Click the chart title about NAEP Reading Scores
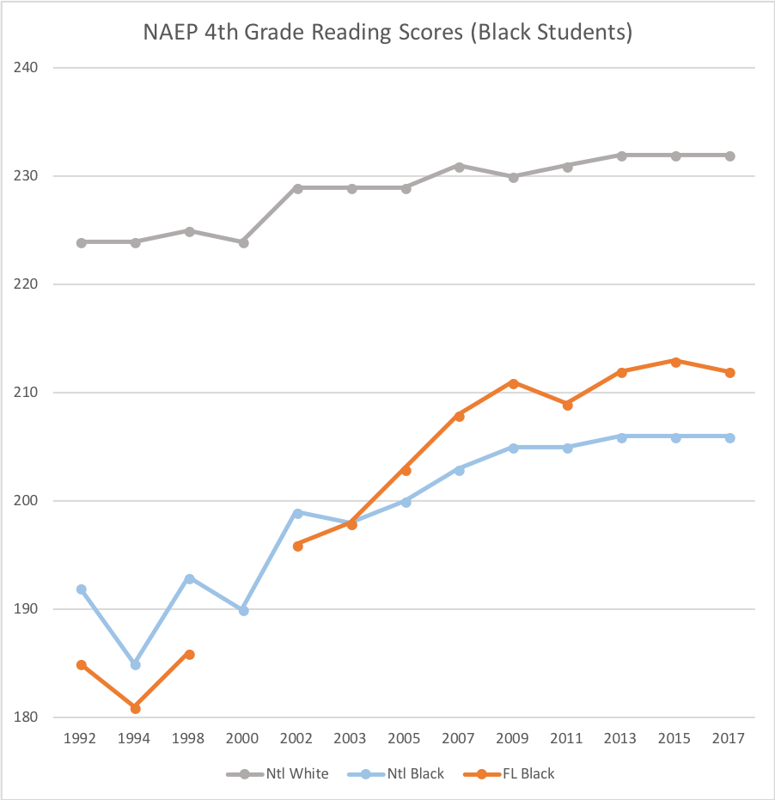[x=387, y=34]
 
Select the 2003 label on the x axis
[x=351, y=738]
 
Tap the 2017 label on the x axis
[x=729, y=738]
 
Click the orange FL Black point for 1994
[x=136, y=708]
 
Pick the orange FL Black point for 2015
[x=675, y=362]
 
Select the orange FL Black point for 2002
[x=298, y=546]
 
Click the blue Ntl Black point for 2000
[x=244, y=610]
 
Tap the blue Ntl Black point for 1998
[x=190, y=578]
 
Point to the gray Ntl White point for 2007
[x=460, y=167]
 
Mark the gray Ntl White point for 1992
[x=82, y=242]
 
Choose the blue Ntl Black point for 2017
[x=729, y=437]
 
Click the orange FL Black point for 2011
[x=568, y=405]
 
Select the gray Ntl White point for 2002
[x=298, y=188]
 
